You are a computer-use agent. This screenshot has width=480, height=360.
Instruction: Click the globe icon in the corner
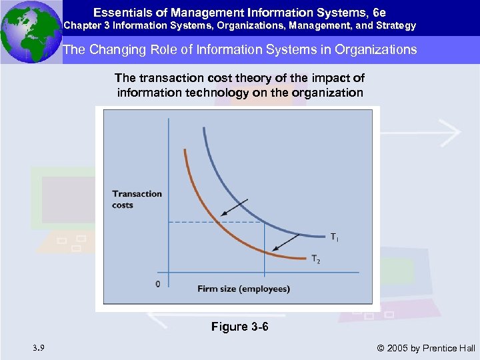point(31,31)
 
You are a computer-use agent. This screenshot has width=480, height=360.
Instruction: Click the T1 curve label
point(333,237)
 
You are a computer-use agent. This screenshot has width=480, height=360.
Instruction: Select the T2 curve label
point(315,259)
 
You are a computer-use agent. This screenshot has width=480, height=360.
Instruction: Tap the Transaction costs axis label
point(137,199)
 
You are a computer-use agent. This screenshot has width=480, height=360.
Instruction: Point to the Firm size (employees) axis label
point(243,289)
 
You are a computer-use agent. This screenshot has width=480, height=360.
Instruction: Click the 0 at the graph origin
point(157,284)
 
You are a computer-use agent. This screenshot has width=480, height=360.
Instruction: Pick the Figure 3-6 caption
point(239,327)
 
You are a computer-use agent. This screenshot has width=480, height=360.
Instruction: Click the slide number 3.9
point(39,347)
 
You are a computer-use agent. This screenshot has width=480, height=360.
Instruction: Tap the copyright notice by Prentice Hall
point(426,347)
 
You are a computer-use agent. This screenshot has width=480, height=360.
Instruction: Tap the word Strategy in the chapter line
point(395,25)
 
